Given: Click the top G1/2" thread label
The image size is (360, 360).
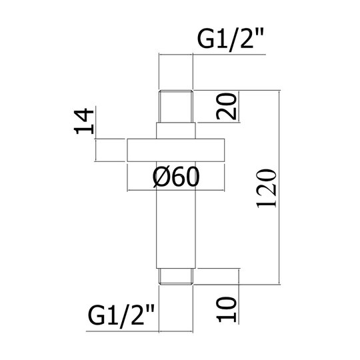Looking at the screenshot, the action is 231,40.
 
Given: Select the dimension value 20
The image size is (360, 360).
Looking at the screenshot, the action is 227,106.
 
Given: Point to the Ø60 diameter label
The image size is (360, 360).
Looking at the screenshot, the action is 176,177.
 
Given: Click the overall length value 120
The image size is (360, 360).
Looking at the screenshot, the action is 266,189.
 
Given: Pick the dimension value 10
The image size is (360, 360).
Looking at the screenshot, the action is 227,309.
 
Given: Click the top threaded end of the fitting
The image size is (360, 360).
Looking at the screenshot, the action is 176,106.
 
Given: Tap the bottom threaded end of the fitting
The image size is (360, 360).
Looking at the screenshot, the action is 176,277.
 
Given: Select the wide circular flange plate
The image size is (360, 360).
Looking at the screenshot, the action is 176,150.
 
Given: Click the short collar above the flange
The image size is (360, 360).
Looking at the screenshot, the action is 176,131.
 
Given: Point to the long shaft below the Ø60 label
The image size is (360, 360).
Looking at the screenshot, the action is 176,229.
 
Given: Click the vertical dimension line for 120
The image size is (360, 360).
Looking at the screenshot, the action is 279,187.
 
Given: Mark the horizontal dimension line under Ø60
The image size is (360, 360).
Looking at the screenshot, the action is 176,190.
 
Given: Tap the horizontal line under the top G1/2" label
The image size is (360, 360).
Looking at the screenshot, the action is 213,55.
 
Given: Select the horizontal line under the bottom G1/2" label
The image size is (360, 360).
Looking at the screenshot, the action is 139,331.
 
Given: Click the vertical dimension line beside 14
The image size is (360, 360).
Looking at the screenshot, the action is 96,134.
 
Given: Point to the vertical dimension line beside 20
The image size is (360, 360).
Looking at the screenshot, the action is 239,106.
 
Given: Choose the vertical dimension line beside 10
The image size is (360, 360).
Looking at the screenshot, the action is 239,296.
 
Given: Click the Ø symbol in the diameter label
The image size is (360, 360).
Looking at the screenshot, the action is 160,177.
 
